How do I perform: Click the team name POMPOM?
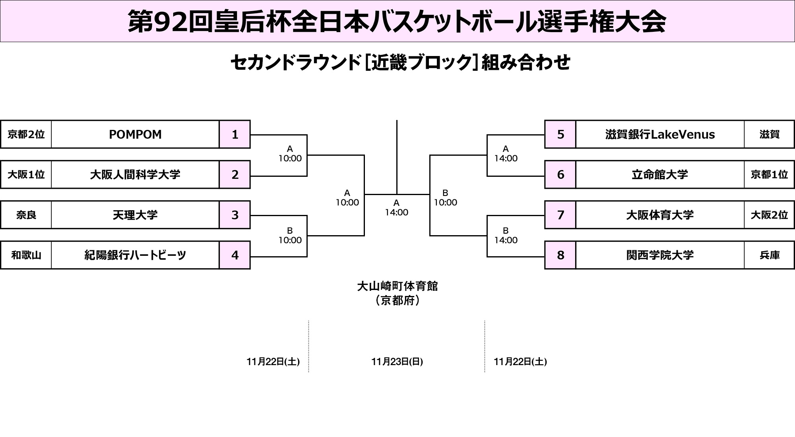[135, 134]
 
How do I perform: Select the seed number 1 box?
[235, 134]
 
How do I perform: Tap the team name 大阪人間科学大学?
[135, 174]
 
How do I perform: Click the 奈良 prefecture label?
[26, 215]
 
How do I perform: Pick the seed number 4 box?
[235, 255]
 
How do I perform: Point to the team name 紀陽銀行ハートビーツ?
[135, 255]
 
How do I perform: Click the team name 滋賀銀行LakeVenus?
[660, 134]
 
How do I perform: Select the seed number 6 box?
[560, 174]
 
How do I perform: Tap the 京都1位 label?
[769, 174]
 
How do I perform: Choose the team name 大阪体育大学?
[660, 215]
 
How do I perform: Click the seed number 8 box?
[560, 255]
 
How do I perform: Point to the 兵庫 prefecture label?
[769, 255]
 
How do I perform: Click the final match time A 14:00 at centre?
[396, 208]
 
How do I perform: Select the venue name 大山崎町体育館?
[397, 286]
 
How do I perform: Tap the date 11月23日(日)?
[397, 362]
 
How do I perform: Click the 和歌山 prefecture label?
[26, 255]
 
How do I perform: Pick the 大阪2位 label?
[769, 215]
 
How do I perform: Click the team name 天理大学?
[135, 215]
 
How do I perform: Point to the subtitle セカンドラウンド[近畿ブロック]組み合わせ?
[400, 63]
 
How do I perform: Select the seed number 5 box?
[560, 134]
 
